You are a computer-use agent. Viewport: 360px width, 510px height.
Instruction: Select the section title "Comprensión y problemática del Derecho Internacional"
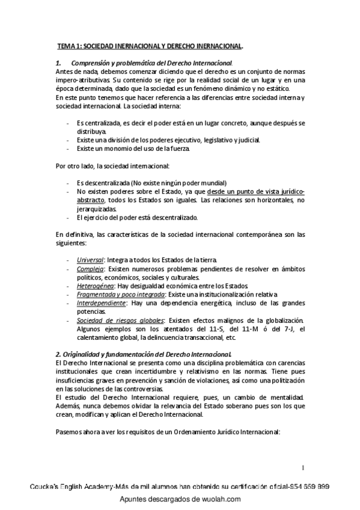coord(151,63)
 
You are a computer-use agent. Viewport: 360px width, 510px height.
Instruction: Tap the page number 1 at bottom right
coord(304,467)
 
